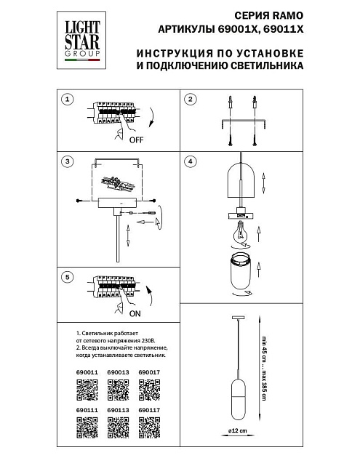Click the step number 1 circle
(67, 99)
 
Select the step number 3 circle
(67, 161)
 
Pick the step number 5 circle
(67, 277)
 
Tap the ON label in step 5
(135, 316)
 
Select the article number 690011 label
(87, 372)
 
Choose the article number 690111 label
(87, 410)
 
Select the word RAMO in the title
(284, 13)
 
